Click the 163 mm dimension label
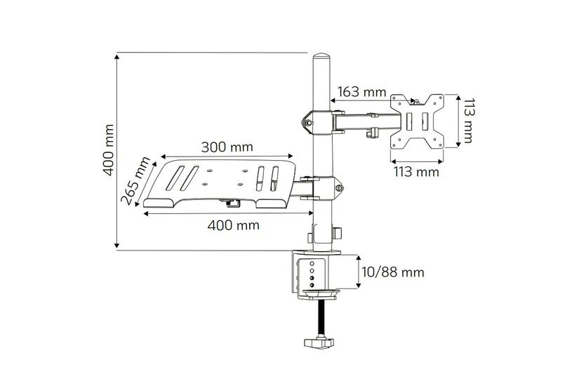[x=361, y=91]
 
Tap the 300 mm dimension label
[x=227, y=147]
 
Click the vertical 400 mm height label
[x=107, y=151]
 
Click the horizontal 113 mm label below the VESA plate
[x=415, y=171]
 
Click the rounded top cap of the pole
[x=321, y=59]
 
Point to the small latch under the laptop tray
[x=231, y=204]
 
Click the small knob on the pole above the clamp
[x=338, y=232]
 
